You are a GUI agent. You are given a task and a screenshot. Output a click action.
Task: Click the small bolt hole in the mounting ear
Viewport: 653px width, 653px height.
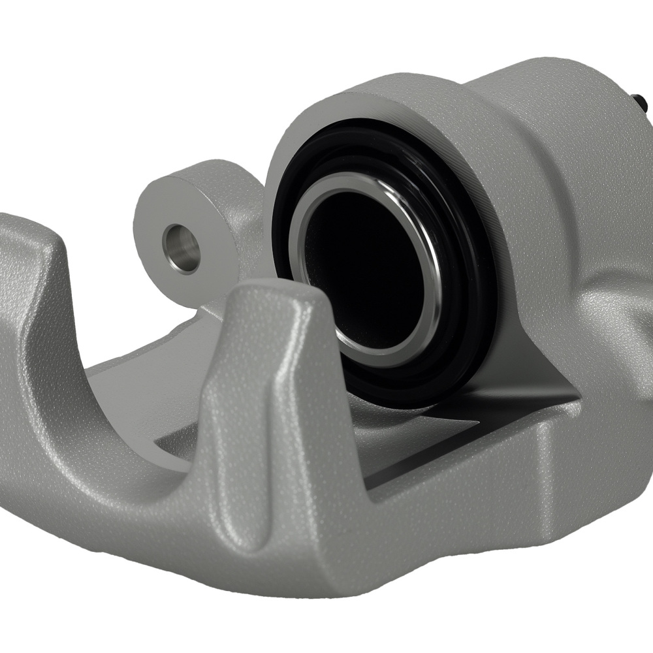tap(182, 248)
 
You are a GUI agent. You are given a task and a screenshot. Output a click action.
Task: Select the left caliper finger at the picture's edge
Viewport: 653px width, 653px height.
tap(26, 274)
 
